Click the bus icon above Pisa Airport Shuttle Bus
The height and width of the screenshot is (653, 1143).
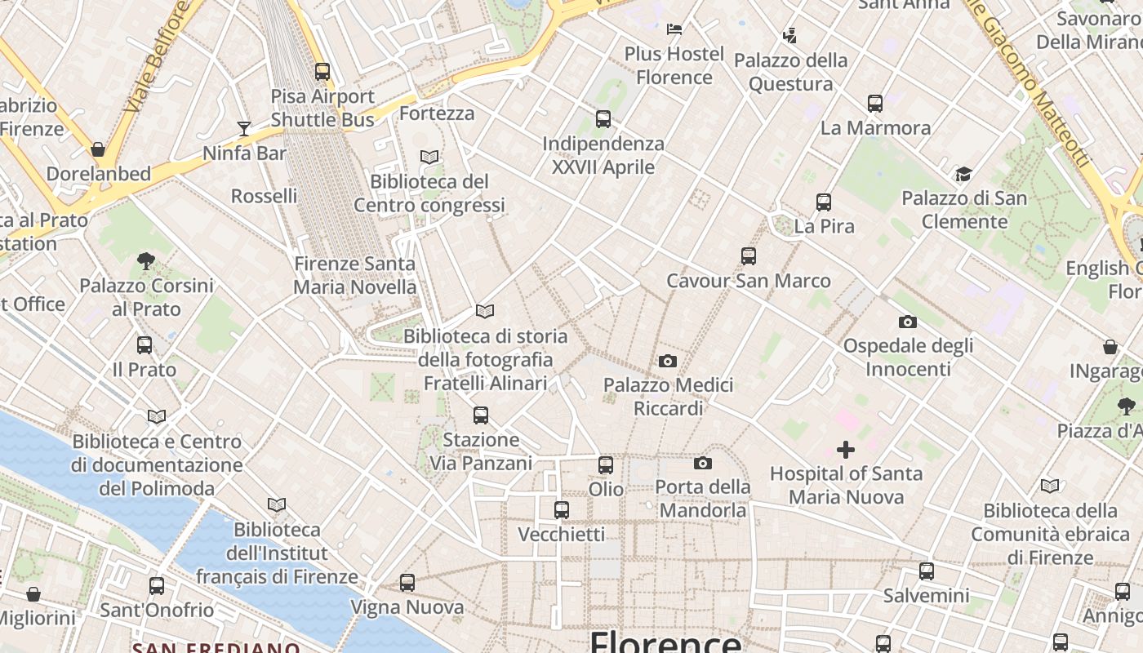coord(322,72)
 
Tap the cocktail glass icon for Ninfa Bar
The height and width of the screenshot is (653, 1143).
coord(244,129)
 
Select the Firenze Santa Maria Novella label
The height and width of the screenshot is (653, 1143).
coord(354,275)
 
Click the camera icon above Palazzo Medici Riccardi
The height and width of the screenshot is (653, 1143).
coord(668,361)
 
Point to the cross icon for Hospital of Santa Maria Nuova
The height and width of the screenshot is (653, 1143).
coord(846,449)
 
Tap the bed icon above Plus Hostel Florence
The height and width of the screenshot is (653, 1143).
coord(674,29)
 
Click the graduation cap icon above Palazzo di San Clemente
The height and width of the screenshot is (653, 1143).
coord(964,174)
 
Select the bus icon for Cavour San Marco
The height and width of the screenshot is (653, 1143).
coord(749,256)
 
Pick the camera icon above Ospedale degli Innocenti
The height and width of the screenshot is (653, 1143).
coord(908,322)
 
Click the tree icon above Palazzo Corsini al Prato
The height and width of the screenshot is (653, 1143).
coord(147,261)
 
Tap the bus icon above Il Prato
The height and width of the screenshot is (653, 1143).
coord(145,345)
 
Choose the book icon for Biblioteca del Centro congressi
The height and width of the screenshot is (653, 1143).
coord(429,157)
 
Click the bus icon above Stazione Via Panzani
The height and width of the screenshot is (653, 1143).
coord(481,415)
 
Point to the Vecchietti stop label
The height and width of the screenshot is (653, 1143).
coord(562,535)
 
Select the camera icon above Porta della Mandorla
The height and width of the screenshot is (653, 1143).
coord(703,464)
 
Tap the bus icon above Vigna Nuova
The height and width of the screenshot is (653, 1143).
coord(407,583)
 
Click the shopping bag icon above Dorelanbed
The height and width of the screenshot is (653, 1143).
coord(98,149)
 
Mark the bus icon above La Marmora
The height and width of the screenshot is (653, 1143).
coord(875,104)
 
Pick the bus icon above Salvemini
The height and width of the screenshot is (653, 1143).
coord(927,571)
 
